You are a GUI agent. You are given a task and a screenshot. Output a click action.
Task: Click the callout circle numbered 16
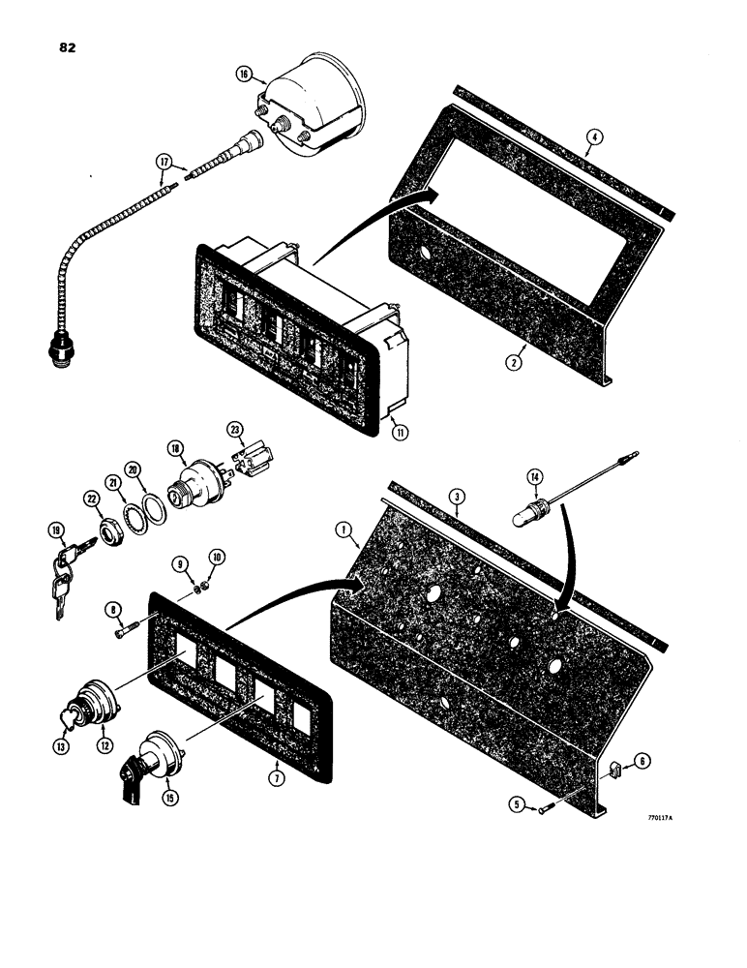tap(242, 73)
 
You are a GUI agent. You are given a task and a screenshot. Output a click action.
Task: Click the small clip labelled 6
tap(616, 770)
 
